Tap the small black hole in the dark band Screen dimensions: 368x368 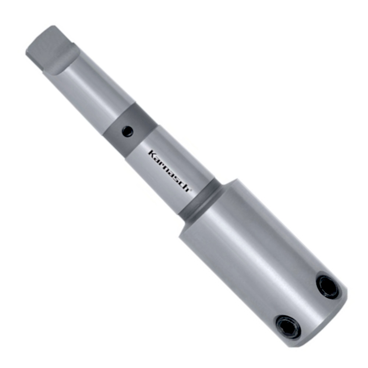pos(127,131)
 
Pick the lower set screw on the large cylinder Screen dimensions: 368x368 pos(288,326)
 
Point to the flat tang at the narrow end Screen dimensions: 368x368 pos(44,46)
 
